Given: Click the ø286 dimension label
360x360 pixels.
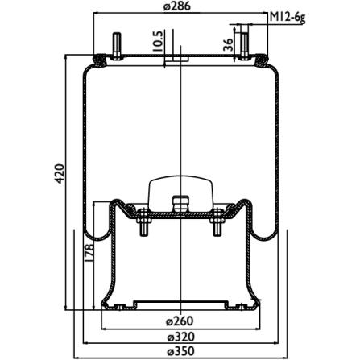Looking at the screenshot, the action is (x=177, y=6).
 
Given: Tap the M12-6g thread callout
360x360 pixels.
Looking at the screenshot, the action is (x=288, y=18).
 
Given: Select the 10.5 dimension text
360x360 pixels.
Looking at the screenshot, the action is (x=158, y=41).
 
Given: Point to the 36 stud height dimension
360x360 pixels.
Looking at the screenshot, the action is (x=228, y=45).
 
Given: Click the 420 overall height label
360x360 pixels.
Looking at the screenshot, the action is (x=60, y=174).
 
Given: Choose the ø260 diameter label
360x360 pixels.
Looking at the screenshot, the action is (x=180, y=321).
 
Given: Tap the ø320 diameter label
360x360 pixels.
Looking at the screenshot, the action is (x=180, y=337).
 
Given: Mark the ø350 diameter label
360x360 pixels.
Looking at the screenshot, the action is (x=180, y=351).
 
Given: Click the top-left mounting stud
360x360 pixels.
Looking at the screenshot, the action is (x=117, y=46).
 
